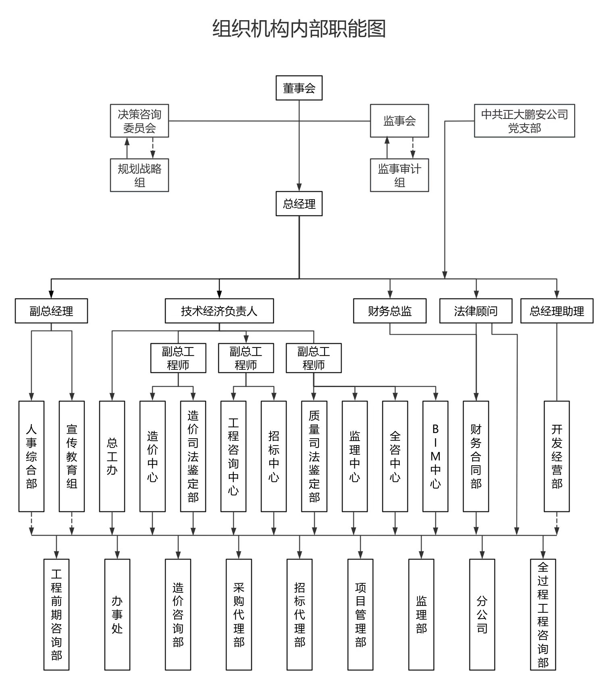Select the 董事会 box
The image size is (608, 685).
[299, 88]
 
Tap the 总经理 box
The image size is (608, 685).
[299, 204]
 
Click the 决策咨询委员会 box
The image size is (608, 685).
[139, 121]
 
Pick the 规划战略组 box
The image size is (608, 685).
[139, 175]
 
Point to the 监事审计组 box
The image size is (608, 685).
[399, 175]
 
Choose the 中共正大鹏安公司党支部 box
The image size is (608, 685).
[524, 121]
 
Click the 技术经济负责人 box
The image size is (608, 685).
[219, 311]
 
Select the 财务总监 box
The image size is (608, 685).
[389, 311]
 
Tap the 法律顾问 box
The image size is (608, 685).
[476, 311]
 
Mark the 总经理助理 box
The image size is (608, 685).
[557, 311]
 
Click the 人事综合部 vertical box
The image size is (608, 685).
[31, 456]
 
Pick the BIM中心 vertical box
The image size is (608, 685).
[435, 456]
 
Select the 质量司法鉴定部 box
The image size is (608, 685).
[314, 456]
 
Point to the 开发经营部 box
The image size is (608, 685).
[557, 456]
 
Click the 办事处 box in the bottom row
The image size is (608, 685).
[117, 614]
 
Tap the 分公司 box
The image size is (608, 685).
[482, 614]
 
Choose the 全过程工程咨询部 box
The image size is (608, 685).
[543, 614]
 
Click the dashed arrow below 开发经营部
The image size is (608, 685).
[557, 523]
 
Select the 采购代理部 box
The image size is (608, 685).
[239, 614]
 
